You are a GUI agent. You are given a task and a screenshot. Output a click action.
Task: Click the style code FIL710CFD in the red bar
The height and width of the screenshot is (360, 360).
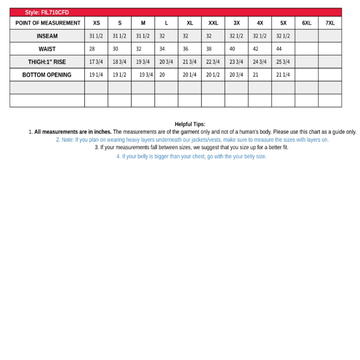click(x=55, y=12)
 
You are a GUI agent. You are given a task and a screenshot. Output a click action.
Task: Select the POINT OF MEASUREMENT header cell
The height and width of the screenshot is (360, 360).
click(x=48, y=23)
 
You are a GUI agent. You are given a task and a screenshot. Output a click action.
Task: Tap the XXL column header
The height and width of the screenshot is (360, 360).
click(x=213, y=23)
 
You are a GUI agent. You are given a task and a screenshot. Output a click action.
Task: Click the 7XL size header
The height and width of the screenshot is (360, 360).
click(x=330, y=23)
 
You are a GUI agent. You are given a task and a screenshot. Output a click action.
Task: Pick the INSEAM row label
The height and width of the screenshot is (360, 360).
click(x=47, y=36)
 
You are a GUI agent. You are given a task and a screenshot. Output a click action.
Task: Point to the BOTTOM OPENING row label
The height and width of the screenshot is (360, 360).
click(x=47, y=75)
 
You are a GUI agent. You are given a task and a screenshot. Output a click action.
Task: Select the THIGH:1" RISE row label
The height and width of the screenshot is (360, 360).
click(x=47, y=62)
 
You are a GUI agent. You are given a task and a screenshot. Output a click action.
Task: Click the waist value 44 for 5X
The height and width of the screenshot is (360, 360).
click(x=279, y=49)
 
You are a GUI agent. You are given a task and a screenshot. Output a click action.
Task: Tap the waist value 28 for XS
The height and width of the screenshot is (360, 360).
click(x=92, y=49)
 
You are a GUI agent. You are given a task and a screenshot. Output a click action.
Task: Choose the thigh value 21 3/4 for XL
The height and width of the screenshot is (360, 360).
click(x=190, y=62)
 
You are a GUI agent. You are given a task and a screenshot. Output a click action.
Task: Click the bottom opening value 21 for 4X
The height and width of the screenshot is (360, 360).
click(x=256, y=75)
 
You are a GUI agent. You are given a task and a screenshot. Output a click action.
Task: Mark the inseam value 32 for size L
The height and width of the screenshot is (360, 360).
click(x=162, y=36)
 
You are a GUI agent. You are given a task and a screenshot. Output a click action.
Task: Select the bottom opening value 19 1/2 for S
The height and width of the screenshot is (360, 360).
click(x=119, y=75)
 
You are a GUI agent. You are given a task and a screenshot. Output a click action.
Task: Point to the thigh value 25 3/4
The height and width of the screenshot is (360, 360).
click(x=283, y=62)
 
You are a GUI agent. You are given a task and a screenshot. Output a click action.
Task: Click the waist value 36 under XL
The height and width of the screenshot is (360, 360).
click(x=185, y=49)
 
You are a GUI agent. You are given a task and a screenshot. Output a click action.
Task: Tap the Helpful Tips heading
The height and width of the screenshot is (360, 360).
click(x=190, y=124)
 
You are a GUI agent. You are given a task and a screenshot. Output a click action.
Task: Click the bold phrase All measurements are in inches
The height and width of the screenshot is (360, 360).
click(x=73, y=132)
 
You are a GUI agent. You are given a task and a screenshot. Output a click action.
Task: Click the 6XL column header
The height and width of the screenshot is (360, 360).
click(x=307, y=23)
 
